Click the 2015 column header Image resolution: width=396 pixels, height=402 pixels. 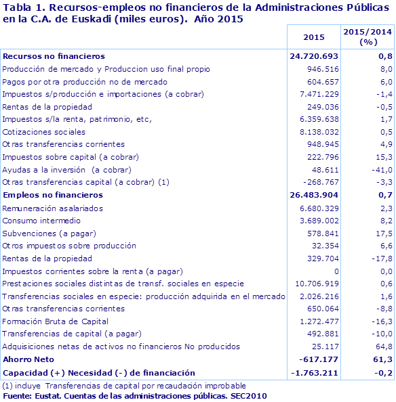[x=314, y=37]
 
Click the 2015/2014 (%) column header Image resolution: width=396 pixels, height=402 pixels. [x=368, y=37]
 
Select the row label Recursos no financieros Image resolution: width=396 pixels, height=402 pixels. [x=54, y=56]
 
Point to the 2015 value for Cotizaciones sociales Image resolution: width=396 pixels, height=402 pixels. [x=319, y=131]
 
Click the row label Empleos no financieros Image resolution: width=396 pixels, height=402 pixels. [x=52, y=195]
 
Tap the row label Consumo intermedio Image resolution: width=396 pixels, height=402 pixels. [x=42, y=220]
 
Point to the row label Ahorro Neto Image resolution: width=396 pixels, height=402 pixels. [x=28, y=359]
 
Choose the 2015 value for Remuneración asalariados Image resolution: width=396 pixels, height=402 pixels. [x=319, y=208]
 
